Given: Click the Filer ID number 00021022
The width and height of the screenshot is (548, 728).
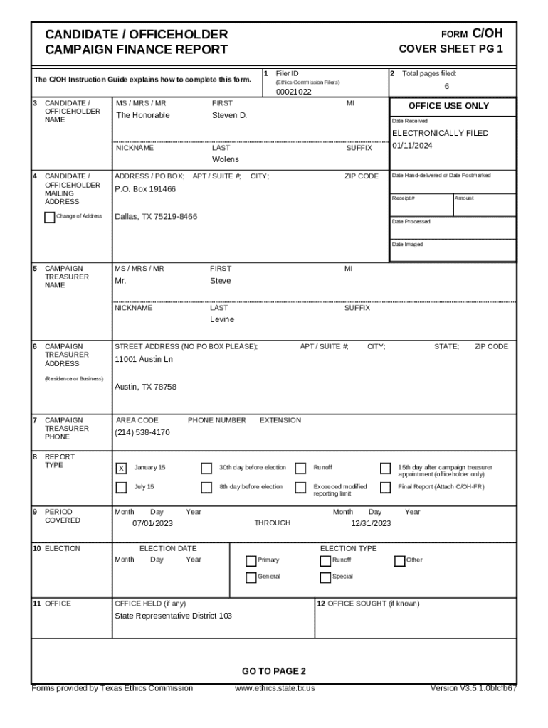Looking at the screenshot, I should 293,92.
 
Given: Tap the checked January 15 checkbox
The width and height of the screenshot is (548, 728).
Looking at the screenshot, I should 121,468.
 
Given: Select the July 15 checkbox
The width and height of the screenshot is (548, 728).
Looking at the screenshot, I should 121,487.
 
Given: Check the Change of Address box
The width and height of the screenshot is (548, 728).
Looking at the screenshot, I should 49,217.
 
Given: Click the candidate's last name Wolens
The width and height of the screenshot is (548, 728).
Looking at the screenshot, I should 226,160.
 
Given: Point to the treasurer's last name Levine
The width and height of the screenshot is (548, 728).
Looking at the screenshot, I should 221,320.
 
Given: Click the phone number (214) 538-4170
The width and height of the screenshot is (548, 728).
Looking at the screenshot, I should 142,432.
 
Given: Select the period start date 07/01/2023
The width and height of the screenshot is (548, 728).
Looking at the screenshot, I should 152,524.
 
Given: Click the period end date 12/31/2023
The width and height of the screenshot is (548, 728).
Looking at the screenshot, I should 371,524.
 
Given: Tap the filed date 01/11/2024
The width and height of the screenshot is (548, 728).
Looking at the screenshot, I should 412,146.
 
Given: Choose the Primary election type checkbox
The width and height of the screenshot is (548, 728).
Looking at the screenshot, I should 251,560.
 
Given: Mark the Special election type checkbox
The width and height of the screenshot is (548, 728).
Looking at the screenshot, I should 325,577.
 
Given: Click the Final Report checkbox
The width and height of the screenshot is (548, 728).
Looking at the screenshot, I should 385,487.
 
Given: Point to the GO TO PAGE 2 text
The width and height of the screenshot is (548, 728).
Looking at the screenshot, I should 273,671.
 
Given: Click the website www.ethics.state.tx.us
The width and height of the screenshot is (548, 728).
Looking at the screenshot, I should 275,688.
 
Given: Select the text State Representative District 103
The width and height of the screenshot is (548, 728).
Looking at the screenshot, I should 173,616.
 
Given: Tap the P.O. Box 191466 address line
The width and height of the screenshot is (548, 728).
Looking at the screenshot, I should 145,189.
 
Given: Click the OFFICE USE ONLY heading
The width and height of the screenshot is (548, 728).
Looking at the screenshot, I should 448,106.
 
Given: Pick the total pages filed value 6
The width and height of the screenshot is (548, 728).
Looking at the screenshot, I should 447,87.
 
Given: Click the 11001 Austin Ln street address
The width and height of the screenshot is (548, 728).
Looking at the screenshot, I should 144,359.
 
